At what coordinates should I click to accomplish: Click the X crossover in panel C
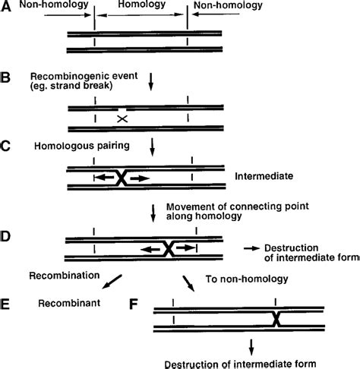(122, 178)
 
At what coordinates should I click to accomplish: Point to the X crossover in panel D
(169, 248)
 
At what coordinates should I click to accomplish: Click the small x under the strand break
(121, 118)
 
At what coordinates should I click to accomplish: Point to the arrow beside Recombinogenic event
(151, 81)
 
